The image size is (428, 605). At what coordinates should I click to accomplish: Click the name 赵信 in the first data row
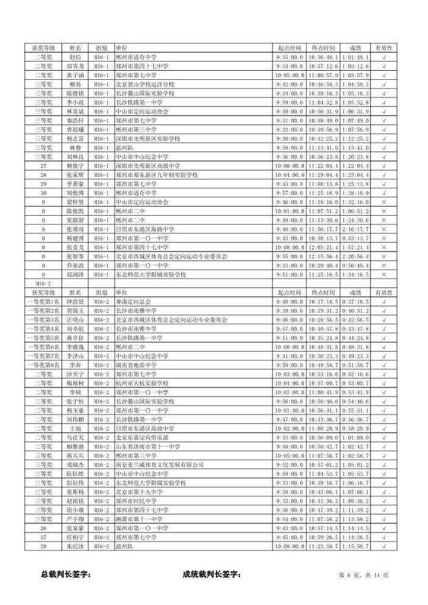tap(75, 57)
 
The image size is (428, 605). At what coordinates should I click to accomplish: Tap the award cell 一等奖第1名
tap(43, 302)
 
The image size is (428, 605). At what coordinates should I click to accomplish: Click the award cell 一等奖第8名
tap(43, 364)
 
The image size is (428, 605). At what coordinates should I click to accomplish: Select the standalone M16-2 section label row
tap(43, 283)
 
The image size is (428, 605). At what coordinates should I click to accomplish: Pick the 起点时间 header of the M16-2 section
tap(289, 292)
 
